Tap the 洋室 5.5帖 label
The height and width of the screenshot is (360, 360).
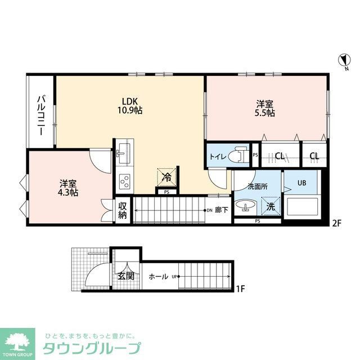(x=265, y=108)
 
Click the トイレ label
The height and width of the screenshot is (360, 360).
(x=218, y=157)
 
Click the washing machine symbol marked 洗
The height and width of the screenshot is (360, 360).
(x=271, y=206)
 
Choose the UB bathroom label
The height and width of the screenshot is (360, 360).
(x=301, y=183)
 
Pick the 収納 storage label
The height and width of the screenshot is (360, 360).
(x=123, y=210)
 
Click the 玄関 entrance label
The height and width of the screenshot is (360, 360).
(x=125, y=276)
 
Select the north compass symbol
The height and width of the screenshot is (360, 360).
(x=343, y=60)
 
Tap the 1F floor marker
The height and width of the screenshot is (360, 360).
(x=240, y=290)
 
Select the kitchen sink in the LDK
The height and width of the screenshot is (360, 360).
(x=122, y=152)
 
